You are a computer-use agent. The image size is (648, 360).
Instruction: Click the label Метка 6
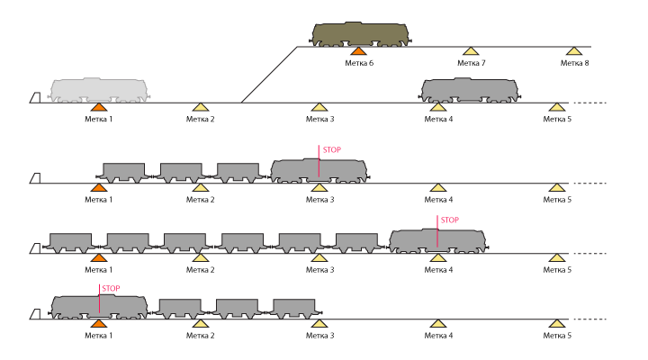(x=359, y=63)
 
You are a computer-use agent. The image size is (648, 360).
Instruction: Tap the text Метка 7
(x=471, y=63)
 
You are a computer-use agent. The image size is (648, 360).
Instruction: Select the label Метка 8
(x=574, y=63)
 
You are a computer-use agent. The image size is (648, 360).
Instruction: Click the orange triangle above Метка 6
(x=359, y=51)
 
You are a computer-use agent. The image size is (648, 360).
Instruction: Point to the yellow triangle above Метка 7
(x=470, y=51)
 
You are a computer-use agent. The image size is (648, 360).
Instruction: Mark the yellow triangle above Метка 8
(x=574, y=51)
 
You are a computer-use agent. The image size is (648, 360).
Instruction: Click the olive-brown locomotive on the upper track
(x=361, y=33)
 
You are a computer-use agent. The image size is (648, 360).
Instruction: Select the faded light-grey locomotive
(x=100, y=89)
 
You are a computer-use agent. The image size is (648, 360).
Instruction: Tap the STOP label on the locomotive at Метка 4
(x=448, y=220)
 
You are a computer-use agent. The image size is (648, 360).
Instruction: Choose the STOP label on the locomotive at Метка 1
(x=111, y=289)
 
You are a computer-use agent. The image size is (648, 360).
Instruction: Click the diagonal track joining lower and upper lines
(x=268, y=75)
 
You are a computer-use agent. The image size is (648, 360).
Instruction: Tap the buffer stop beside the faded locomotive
(x=35, y=97)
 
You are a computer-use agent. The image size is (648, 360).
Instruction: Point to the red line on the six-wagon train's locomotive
(x=437, y=231)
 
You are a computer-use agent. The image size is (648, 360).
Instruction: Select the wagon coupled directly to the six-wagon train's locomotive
(x=356, y=242)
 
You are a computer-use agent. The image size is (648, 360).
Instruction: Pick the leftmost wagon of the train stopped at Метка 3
(x=123, y=172)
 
